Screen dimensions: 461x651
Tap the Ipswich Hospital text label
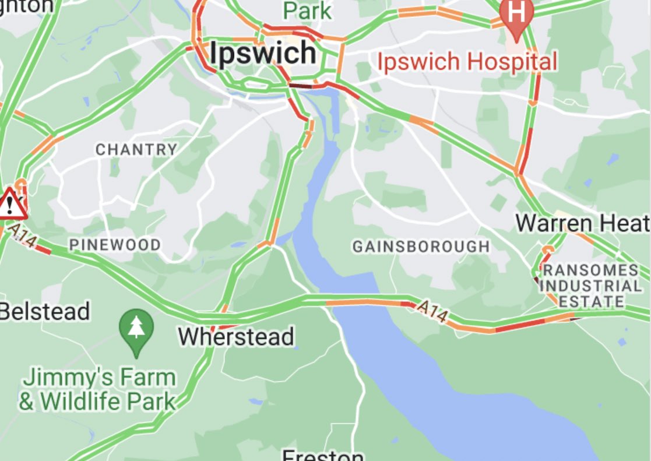pyautogui.click(x=467, y=62)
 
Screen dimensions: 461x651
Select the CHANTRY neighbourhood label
pyautogui.click(x=136, y=149)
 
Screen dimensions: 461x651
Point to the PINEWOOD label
pyautogui.click(x=115, y=245)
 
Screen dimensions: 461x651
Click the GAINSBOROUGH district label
pyautogui.click(x=421, y=247)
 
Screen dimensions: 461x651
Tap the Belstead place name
pyautogui.click(x=45, y=311)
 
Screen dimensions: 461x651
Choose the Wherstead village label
pyautogui.click(x=235, y=337)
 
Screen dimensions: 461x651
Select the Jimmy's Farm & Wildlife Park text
pyautogui.click(x=97, y=389)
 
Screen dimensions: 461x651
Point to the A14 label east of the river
pyautogui.click(x=432, y=311)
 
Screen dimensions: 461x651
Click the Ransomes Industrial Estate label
pyautogui.click(x=590, y=286)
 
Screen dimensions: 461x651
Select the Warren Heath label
pyautogui.click(x=582, y=223)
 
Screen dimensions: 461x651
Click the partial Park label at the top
pyautogui.click(x=307, y=10)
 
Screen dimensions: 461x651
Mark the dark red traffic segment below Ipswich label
pyautogui.click(x=301, y=86)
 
